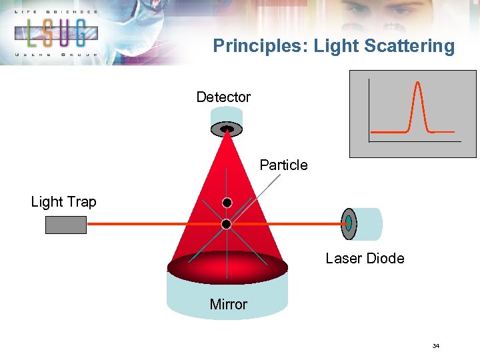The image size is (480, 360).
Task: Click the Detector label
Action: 223,97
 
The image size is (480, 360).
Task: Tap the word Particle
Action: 283,165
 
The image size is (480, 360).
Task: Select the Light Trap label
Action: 63,202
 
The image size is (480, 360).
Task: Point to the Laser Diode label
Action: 365,259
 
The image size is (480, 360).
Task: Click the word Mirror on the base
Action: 228,305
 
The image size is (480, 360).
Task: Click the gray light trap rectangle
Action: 66,225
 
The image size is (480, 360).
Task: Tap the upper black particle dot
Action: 227,203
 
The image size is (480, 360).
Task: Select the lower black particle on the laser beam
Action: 227,225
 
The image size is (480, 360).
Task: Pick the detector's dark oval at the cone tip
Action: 227,128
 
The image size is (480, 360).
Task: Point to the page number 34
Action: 436,346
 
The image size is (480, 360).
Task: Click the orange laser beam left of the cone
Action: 133,225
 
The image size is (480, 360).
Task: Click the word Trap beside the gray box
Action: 81,202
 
